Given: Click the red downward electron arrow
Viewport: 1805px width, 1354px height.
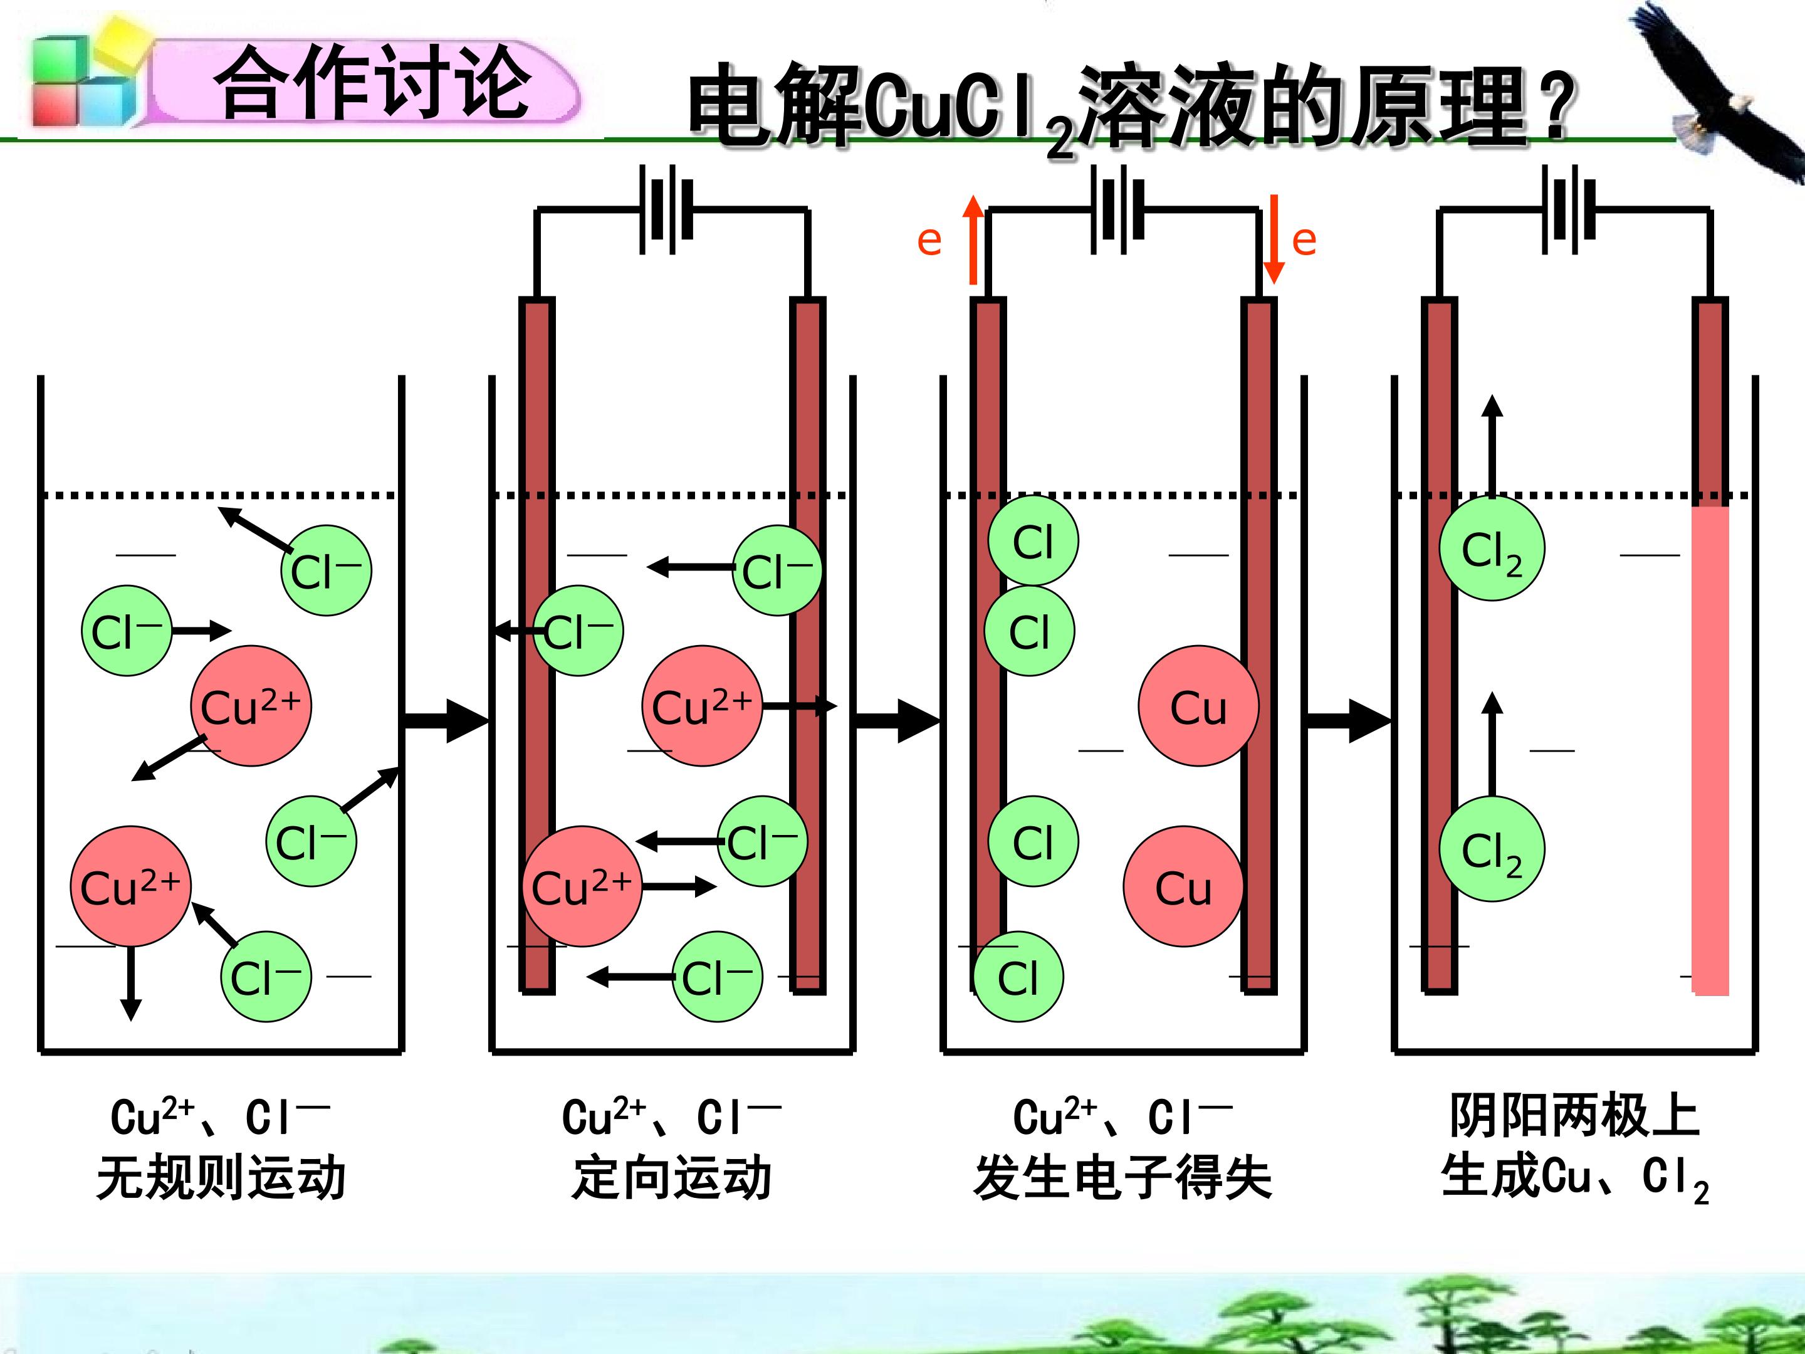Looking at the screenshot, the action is click(x=1274, y=239).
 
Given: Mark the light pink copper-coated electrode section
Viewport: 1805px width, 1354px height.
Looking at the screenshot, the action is click(x=1710, y=751).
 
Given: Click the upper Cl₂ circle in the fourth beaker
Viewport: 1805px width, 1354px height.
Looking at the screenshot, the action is click(x=1492, y=548).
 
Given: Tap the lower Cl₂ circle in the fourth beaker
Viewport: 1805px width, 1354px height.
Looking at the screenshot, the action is click(x=1492, y=849).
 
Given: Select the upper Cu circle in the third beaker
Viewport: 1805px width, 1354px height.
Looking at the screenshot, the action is click(x=1198, y=706).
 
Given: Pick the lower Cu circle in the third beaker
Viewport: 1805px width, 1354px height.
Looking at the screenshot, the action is click(x=1183, y=886).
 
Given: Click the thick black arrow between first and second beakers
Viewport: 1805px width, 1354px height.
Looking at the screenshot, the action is click(x=446, y=721).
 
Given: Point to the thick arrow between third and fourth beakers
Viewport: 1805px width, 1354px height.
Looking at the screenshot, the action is click(x=1349, y=721).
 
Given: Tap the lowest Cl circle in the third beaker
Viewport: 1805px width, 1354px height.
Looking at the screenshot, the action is click(x=1018, y=977).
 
